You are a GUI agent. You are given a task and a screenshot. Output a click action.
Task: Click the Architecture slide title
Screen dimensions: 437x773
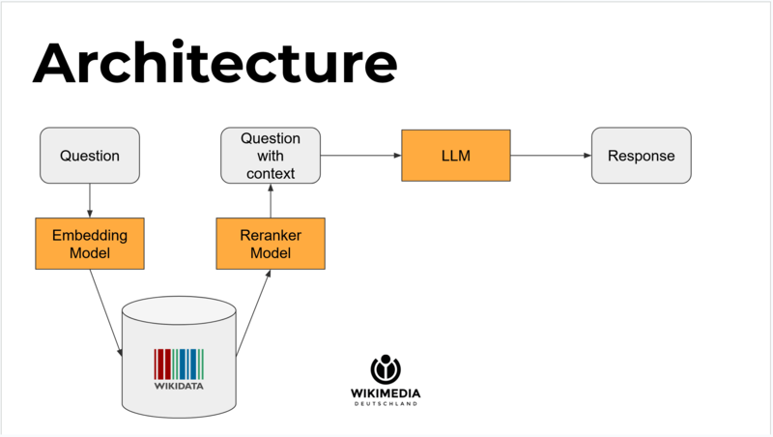tap(215, 64)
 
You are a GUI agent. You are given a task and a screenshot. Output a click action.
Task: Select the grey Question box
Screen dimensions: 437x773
tap(90, 156)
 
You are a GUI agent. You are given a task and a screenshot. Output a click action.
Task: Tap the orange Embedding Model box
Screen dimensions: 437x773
tap(90, 243)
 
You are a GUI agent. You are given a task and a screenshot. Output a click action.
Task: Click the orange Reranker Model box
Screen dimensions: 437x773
tap(271, 243)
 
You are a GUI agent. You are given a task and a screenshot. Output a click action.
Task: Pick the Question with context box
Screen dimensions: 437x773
tap(271, 156)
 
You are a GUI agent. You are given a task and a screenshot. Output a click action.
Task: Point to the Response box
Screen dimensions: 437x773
tap(641, 156)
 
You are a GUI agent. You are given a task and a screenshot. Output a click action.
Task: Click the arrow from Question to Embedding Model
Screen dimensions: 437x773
tap(90, 200)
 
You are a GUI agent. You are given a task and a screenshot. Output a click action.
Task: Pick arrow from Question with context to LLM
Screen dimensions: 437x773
tap(360, 155)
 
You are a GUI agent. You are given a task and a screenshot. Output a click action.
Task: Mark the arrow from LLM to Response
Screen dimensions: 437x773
tap(549, 155)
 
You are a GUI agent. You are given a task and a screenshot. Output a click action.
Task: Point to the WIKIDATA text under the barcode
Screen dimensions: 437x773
tap(179, 386)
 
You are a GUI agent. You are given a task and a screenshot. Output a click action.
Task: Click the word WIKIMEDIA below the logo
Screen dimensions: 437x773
tap(385, 393)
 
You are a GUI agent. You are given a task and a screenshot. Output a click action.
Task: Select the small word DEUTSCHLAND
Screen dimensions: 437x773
tap(385, 404)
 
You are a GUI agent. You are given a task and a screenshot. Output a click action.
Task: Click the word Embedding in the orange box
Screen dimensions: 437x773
tap(90, 234)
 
